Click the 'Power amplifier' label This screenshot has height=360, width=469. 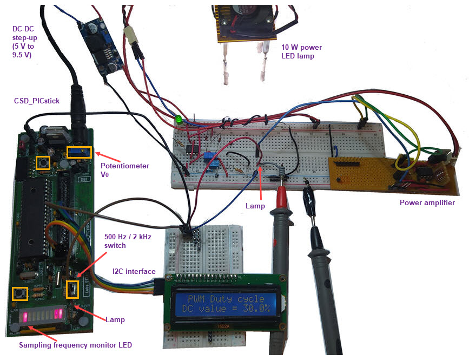(427, 203)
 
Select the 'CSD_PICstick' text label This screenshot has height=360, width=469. (37, 101)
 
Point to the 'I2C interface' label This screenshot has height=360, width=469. (134, 271)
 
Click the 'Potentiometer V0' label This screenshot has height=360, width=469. (125, 170)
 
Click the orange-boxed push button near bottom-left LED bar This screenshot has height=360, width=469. (21, 294)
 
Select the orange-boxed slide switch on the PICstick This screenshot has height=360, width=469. (71, 290)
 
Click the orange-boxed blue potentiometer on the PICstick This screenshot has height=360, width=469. (79, 151)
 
